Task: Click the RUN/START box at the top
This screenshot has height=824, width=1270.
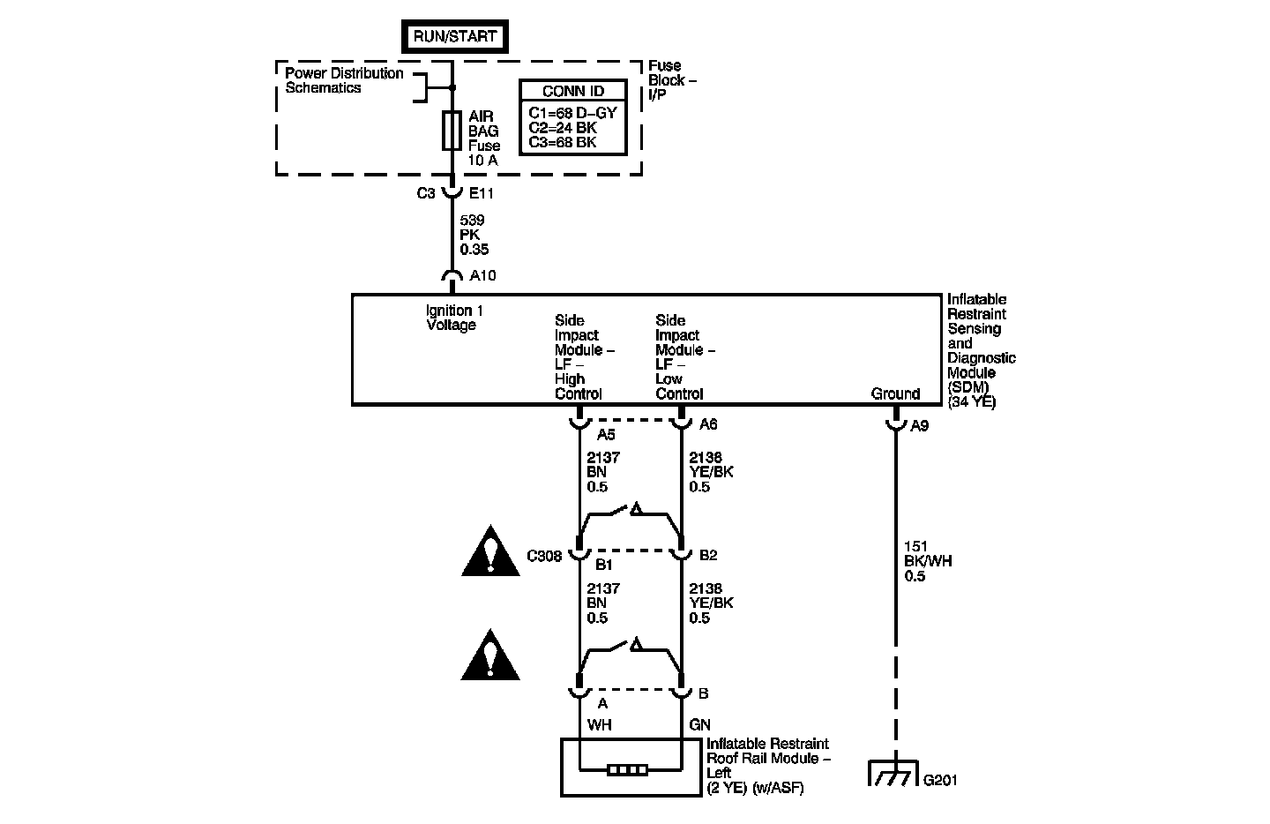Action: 455,37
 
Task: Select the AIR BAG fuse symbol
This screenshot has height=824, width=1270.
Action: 452,131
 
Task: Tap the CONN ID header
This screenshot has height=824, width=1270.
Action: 573,91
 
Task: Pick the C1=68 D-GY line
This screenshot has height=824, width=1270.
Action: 572,113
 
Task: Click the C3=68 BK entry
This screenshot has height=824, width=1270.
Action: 562,142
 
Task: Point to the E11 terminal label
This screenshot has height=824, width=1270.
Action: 482,194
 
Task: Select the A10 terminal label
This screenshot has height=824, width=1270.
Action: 482,276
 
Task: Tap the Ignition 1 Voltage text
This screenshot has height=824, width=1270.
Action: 454,318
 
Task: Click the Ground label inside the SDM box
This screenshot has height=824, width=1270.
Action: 895,394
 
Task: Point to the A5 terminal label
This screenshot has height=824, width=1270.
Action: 605,434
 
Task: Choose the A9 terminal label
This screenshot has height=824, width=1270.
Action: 920,425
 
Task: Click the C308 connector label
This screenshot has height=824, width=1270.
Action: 545,556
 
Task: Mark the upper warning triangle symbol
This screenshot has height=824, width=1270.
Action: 490,553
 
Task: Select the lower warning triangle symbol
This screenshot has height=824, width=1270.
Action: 490,656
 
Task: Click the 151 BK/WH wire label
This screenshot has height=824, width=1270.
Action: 928,561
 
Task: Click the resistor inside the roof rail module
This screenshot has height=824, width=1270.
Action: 629,770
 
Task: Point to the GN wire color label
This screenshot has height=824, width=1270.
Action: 699,724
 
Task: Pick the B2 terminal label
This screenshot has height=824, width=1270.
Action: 708,556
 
